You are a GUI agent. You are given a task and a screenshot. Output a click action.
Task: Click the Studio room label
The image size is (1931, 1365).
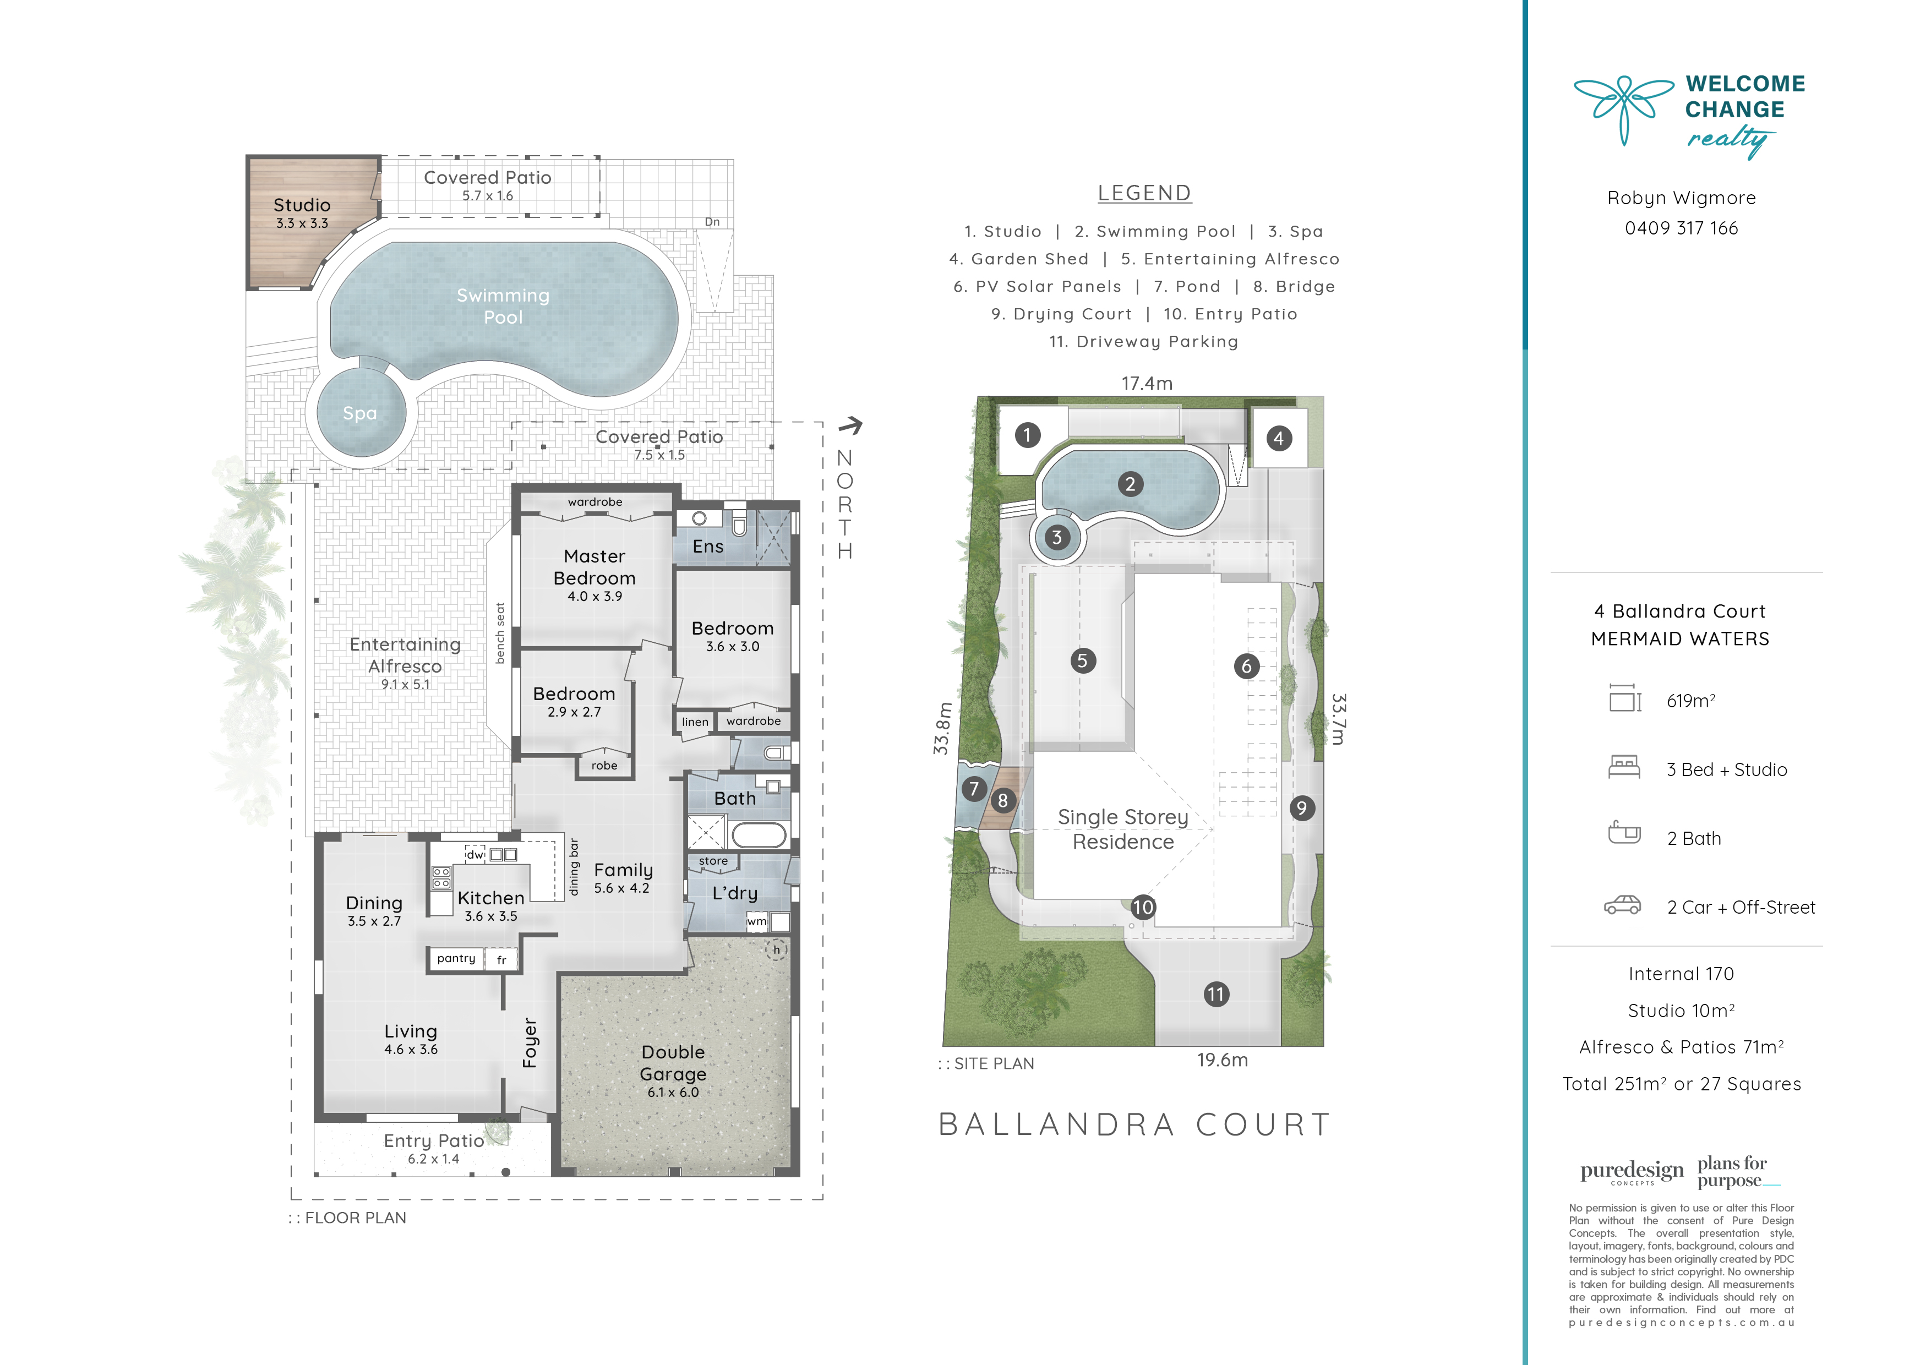click(x=302, y=205)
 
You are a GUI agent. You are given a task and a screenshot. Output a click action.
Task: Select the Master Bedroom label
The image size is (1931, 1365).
click(x=594, y=567)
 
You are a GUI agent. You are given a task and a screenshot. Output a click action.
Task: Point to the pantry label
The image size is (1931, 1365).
click(x=456, y=959)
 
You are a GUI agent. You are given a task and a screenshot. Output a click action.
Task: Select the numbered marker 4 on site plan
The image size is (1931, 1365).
click(x=1278, y=438)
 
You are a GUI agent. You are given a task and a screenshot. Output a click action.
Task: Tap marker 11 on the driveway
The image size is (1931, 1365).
click(x=1215, y=994)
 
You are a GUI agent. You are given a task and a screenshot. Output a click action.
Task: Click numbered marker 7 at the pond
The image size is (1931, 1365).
click(x=974, y=789)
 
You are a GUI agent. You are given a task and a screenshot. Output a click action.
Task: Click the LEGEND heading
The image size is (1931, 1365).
click(x=1144, y=193)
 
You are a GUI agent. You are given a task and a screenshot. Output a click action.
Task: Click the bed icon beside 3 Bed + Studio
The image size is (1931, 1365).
click(x=1624, y=767)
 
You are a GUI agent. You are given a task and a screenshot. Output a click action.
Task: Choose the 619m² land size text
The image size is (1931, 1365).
click(x=1690, y=701)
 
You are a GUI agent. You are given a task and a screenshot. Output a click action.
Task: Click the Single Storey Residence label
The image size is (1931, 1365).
click(x=1123, y=829)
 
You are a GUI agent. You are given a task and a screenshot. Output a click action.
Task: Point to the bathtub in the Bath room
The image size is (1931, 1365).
click(x=759, y=835)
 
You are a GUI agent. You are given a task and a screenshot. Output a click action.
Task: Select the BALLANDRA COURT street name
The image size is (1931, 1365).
click(x=1134, y=1124)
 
